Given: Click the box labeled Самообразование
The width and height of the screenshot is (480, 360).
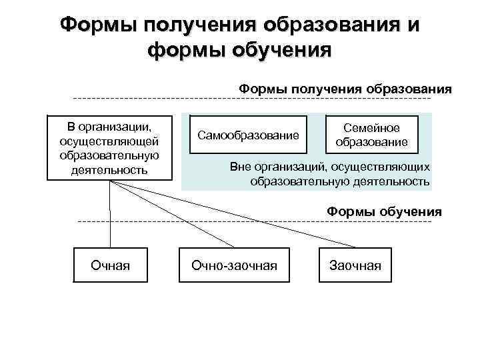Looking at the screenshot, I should [x=248, y=136].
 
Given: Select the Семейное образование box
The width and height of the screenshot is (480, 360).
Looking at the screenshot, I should [x=371, y=135].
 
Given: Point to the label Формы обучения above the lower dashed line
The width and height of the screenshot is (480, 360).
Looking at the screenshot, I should [x=384, y=212].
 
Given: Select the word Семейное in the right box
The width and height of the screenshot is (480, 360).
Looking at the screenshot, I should [x=371, y=128].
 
